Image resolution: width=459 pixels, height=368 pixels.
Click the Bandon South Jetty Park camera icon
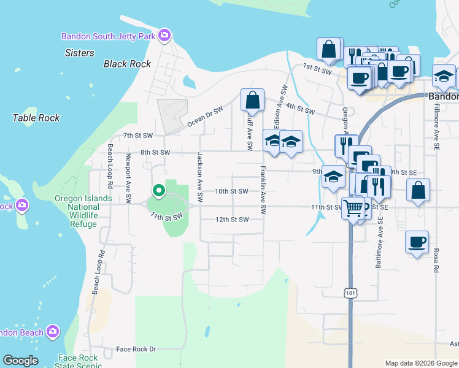(x=164, y=35)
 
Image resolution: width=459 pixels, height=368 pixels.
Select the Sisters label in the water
(x=80, y=53)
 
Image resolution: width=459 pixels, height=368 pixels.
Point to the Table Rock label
(x=36, y=117)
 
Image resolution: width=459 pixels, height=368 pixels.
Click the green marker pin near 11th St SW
(x=158, y=191)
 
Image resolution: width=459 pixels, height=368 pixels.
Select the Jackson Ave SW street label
(x=199, y=177)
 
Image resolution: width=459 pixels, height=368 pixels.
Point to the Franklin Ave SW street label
(x=263, y=190)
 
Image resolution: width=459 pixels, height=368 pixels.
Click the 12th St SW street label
(x=232, y=220)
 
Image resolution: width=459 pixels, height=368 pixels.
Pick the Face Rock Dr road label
(x=136, y=349)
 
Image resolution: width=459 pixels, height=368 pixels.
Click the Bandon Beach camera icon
(x=53, y=331)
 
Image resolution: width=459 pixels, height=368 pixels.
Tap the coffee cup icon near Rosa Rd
(x=417, y=242)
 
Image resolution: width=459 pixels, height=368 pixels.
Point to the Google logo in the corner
(x=20, y=361)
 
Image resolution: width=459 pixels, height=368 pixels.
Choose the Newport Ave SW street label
(x=128, y=178)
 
